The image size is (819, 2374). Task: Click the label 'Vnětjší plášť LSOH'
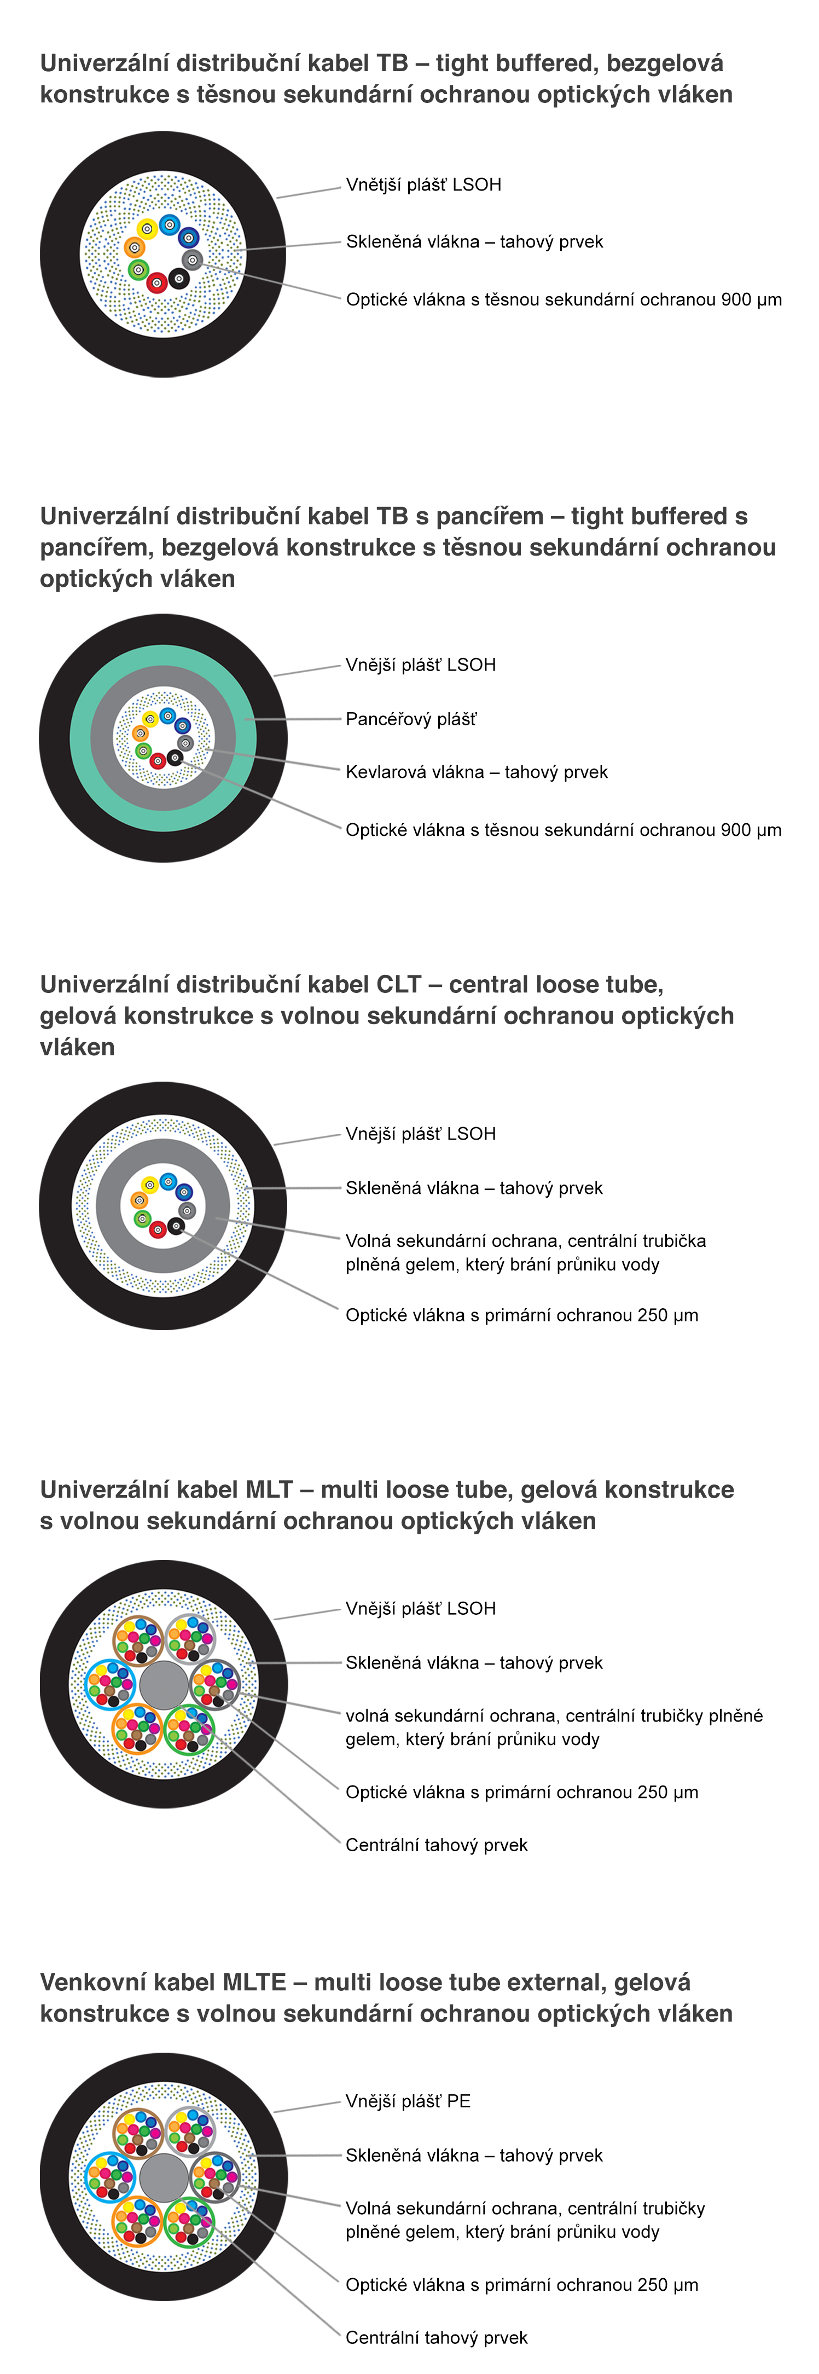tap(424, 185)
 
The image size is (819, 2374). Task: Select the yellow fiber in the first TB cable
tap(147, 229)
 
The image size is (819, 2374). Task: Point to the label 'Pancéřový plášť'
tap(411, 720)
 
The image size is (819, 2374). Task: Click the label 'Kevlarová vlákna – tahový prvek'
tap(477, 772)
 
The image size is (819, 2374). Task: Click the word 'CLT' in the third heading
tap(399, 984)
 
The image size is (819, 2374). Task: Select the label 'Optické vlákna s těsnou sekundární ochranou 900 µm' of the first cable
tap(564, 299)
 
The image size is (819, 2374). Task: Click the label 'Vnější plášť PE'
tap(408, 2101)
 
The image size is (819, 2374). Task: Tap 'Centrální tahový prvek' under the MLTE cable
tap(437, 2337)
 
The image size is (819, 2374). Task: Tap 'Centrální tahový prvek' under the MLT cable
tap(437, 1845)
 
